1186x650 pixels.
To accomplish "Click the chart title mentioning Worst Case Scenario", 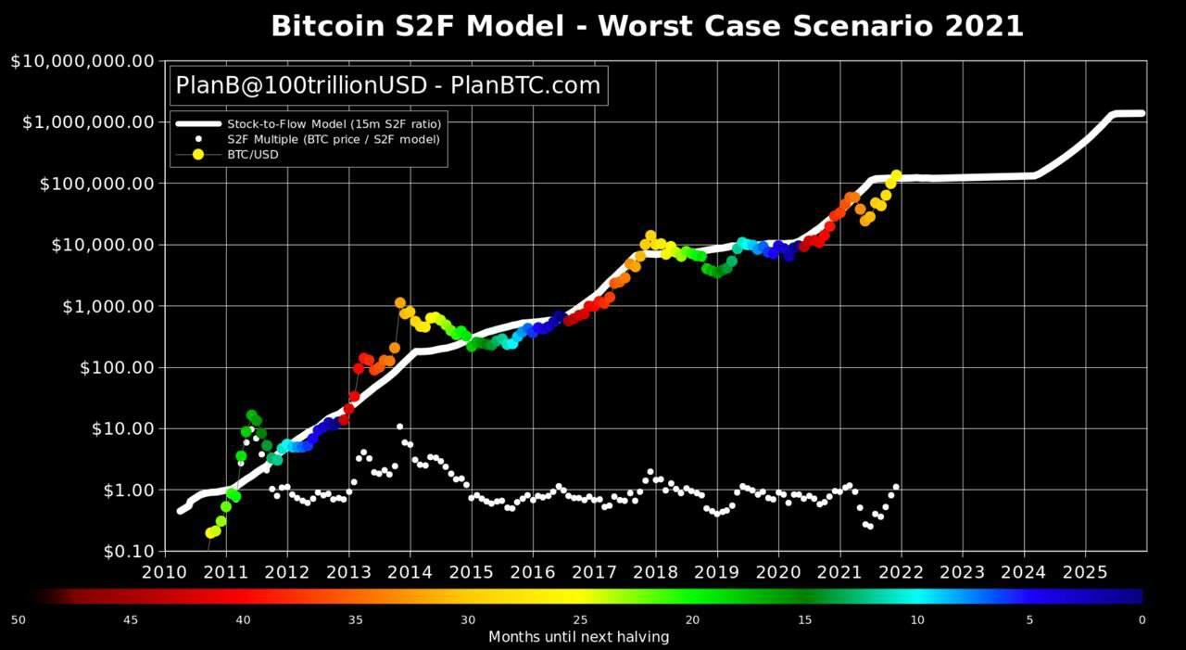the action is (x=647, y=26).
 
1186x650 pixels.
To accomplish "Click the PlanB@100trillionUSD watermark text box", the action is (x=388, y=85).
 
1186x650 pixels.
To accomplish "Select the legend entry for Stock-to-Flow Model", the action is (x=309, y=124).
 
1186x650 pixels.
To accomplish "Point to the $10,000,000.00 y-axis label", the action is (x=82, y=61).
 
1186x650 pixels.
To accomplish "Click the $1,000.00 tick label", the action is (x=108, y=306).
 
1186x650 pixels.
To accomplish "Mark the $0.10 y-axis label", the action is (x=129, y=552).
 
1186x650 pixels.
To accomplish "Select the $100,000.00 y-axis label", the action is (x=97, y=184).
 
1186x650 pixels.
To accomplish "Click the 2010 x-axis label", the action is (x=164, y=572).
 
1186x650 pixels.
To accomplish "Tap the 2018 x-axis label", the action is (x=655, y=572).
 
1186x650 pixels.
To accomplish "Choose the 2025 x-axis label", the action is (x=1085, y=572).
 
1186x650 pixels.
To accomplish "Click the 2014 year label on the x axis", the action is (x=410, y=572).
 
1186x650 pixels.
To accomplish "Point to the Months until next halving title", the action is (x=579, y=636).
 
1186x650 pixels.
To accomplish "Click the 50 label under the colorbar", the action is (x=18, y=619).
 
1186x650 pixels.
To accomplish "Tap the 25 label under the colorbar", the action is (x=580, y=619).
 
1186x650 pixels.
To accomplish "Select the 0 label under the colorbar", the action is (x=1142, y=619).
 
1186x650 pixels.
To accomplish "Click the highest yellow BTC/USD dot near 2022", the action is (x=896, y=175).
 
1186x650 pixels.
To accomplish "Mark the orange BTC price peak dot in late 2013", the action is (x=399, y=303).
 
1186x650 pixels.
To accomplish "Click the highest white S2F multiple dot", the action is (x=399, y=427).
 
